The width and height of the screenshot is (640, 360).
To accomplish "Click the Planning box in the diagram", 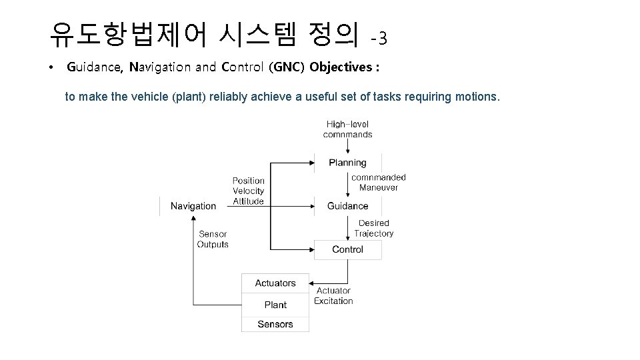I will [347, 163].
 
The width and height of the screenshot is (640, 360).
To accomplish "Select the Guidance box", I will [347, 206].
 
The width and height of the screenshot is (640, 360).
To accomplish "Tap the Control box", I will [347, 249].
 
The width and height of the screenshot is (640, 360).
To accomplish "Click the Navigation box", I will [193, 206].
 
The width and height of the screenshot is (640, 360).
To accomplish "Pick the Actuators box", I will [275, 283].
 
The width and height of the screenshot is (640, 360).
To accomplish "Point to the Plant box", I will [275, 305].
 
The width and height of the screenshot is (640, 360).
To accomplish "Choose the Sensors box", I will [275, 324].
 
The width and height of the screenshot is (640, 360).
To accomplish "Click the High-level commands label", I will [347, 129].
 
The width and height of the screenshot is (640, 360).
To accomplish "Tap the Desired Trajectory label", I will [373, 228].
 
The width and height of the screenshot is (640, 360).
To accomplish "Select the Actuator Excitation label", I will [333, 295].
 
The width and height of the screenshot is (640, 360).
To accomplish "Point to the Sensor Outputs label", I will [213, 239].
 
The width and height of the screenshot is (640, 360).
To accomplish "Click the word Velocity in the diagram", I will [249, 191].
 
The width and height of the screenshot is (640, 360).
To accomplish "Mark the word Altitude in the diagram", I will [249, 201].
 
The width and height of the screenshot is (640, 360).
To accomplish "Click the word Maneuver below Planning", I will [378, 187].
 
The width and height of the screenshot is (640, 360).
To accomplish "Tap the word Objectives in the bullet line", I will [343, 67].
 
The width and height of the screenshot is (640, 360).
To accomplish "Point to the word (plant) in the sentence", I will [190, 97].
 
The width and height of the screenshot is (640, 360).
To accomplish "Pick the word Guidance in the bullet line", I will [95, 67].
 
